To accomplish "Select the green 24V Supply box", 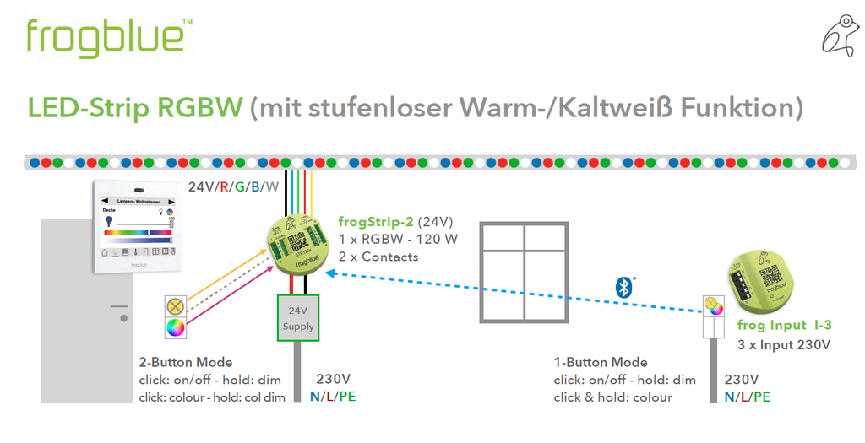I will point(299,318).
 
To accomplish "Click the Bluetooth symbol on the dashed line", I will point(624,286).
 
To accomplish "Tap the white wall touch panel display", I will point(137,226).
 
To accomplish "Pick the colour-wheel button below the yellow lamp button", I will point(176,327).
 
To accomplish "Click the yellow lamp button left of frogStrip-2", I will point(176,306).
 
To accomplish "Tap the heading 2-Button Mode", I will point(185,363).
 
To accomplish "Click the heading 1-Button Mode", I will point(601,363).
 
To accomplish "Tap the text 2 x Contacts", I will point(378,257).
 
